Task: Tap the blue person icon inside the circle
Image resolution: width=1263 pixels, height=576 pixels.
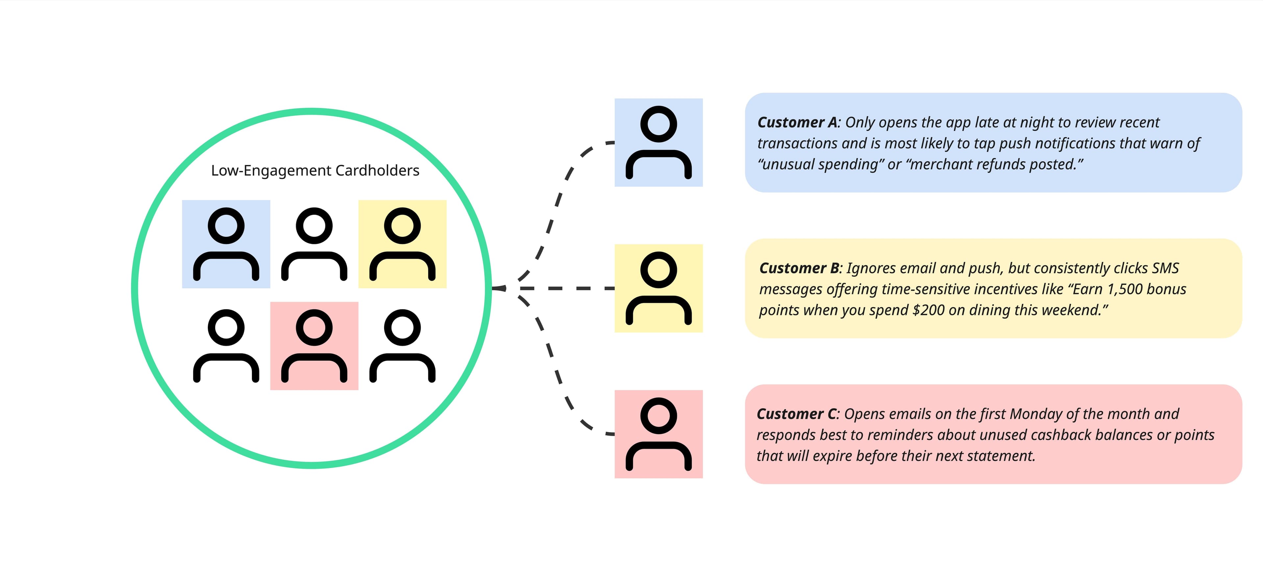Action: click(x=226, y=244)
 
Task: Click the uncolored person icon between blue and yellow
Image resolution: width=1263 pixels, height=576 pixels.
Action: click(x=314, y=244)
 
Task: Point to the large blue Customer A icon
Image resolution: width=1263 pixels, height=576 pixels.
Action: click(x=658, y=142)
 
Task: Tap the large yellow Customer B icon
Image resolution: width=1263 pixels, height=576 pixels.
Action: click(x=658, y=288)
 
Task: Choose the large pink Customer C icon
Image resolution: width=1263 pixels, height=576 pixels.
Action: click(x=658, y=434)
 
